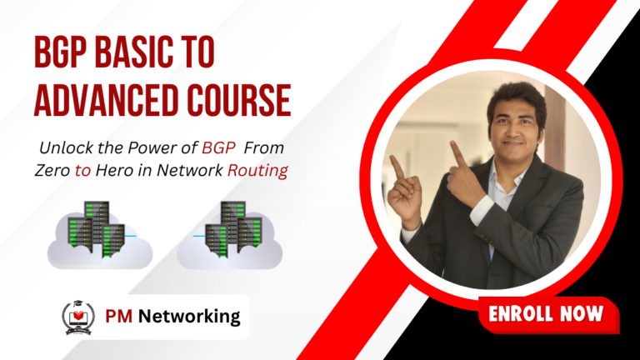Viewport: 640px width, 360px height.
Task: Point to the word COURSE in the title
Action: [239, 100]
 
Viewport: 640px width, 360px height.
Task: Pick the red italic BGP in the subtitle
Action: [218, 147]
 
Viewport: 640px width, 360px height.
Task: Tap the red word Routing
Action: [257, 171]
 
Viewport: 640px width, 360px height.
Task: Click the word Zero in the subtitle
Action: [52, 170]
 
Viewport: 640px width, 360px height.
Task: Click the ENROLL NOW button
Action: [548, 314]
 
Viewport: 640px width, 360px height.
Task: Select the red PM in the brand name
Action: [119, 317]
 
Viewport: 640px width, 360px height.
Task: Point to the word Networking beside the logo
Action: [189, 317]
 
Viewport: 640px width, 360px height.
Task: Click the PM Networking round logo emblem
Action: [78, 318]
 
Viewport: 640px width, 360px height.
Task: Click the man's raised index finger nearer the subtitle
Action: [397, 167]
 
